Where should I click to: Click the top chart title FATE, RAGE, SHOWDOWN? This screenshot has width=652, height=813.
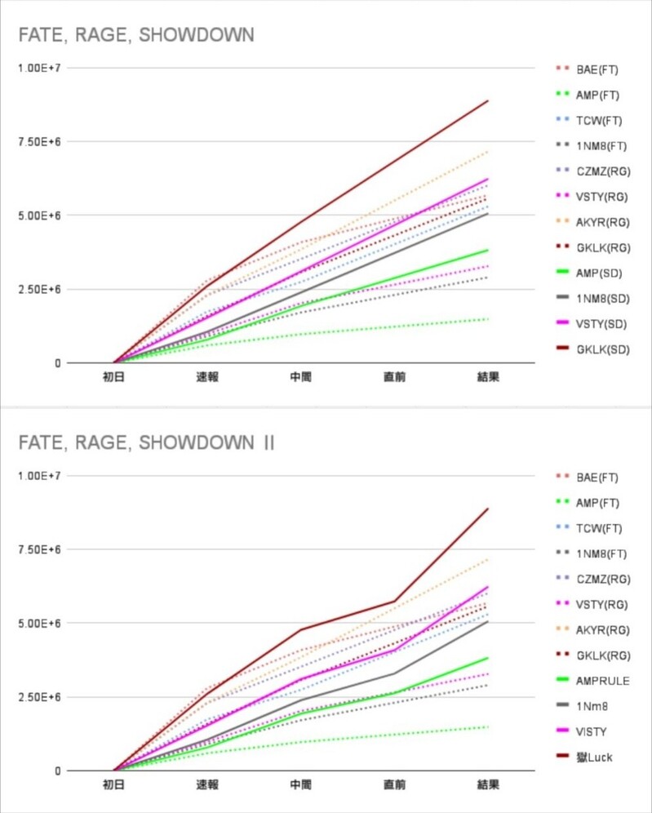pos(136,34)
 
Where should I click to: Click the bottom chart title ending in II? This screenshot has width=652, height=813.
pos(147,442)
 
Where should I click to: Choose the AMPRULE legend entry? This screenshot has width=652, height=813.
pos(602,680)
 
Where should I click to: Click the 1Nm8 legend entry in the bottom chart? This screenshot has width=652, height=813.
pos(592,706)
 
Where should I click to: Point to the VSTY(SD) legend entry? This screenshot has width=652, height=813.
pos(600,324)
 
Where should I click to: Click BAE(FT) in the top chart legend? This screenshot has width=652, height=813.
pos(598,68)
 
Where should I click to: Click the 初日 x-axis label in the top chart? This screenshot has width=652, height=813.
pos(113,377)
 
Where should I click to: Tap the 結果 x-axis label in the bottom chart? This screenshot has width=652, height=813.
pos(488,784)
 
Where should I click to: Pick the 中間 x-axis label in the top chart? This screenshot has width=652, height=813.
pos(300,377)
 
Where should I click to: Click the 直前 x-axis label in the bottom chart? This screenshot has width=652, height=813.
pos(395,784)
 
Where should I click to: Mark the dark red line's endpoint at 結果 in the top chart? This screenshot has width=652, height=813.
pos(488,101)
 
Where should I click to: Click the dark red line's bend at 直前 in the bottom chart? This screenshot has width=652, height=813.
pos(395,602)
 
